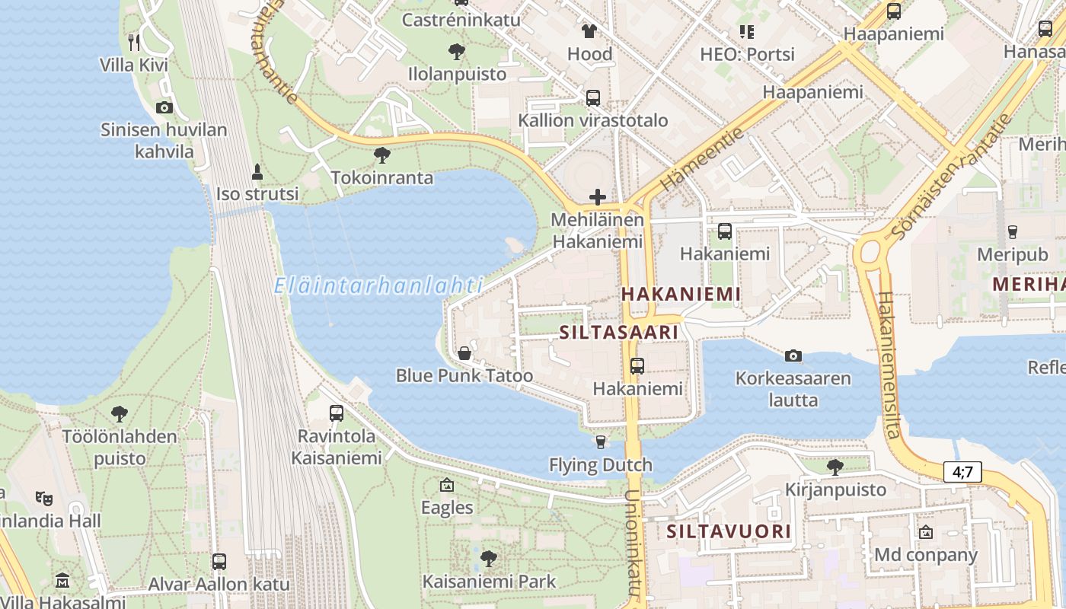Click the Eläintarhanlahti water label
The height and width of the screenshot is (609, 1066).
378,286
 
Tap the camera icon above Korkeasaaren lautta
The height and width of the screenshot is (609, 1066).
793,356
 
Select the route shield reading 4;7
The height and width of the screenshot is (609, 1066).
962,472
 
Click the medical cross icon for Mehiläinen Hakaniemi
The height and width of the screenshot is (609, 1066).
598,198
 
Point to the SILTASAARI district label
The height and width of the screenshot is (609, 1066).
618,333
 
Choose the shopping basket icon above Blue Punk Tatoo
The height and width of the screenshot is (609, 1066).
464,353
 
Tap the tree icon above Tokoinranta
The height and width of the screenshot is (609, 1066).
382,155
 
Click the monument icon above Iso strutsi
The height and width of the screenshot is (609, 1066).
257,171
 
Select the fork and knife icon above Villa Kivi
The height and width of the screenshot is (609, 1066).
134,42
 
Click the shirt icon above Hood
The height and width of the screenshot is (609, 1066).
589,31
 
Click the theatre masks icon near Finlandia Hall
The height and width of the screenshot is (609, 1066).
44,499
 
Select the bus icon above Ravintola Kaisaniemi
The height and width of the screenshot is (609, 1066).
336,413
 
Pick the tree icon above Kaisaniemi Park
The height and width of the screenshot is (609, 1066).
489,559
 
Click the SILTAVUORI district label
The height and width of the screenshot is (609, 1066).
729,531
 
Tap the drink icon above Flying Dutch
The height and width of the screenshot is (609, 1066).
601,442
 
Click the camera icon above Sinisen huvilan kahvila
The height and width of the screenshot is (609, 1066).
164,107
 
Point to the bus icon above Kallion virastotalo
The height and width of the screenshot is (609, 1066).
592,97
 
